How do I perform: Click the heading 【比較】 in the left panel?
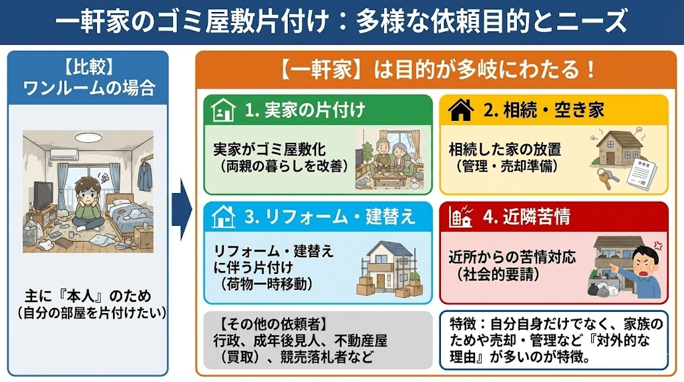[88, 67]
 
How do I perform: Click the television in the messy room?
[43, 194]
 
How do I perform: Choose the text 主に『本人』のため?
[88, 295]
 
